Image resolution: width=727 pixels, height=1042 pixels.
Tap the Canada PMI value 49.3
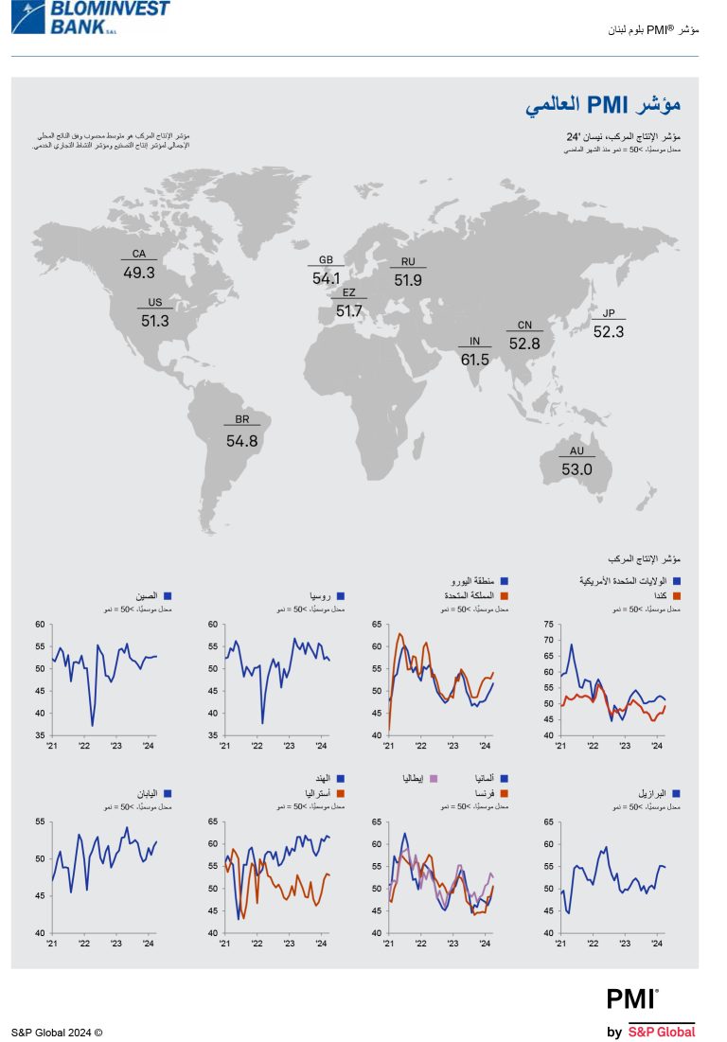pyautogui.click(x=139, y=273)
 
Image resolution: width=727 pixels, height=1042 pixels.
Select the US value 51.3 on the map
pyautogui.click(x=154, y=321)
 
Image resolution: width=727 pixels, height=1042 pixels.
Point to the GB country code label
pyautogui.click(x=326, y=259)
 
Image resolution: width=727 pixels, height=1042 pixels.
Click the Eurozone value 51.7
pyautogui.click(x=349, y=311)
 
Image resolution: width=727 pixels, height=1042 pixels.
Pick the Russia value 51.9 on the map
pyautogui.click(x=408, y=280)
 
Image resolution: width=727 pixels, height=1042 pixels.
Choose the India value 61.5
pyautogui.click(x=474, y=360)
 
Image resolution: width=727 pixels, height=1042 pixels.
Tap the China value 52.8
pyautogui.click(x=524, y=344)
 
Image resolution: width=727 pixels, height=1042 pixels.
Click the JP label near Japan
pyautogui.click(x=609, y=313)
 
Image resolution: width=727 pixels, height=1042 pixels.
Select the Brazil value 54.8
pyautogui.click(x=241, y=440)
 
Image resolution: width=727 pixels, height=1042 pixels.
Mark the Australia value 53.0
pyautogui.click(x=576, y=468)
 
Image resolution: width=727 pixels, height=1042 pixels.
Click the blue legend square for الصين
pyautogui.click(x=168, y=596)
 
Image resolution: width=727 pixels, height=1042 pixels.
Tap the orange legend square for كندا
pyautogui.click(x=677, y=596)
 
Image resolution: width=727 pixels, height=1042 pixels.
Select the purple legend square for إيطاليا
pyautogui.click(x=434, y=778)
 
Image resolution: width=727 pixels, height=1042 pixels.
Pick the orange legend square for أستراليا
pyautogui.click(x=340, y=793)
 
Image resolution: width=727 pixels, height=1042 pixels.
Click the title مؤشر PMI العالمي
pyautogui.click(x=603, y=104)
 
